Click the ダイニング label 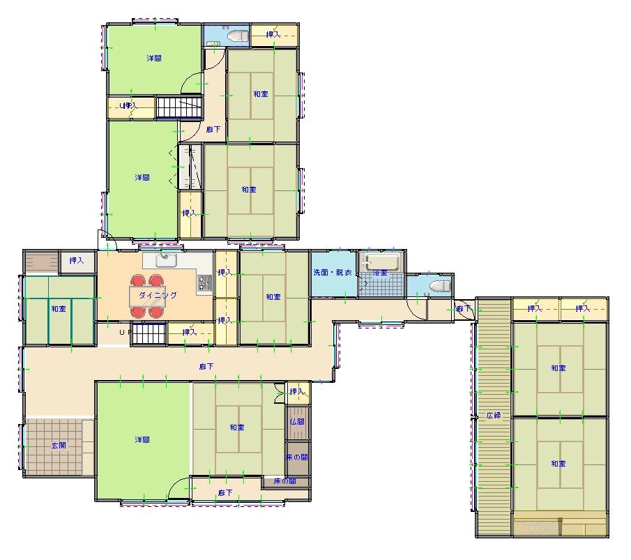(158, 295)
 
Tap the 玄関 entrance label (59, 445)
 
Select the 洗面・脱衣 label (333, 272)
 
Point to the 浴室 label (380, 273)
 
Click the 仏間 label (297, 422)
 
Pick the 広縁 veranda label (494, 415)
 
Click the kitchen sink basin (166, 260)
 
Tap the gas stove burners (204, 283)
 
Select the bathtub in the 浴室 (381, 262)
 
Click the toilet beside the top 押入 (238, 36)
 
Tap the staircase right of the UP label (149, 334)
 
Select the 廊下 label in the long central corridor (206, 366)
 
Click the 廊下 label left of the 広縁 (463, 309)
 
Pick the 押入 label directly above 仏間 (297, 391)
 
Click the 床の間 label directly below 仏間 (297, 457)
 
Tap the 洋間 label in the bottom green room (142, 439)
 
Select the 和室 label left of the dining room (59, 309)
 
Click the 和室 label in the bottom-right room (558, 463)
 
